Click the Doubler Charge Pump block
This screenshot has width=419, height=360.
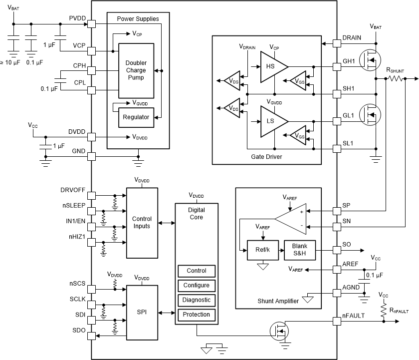pyautogui.click(x=136, y=70)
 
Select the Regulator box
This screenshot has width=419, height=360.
pyautogui.click(x=136, y=117)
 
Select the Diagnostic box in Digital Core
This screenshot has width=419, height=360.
pyautogui.click(x=197, y=300)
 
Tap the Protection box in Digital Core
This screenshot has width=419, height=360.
pyautogui.click(x=197, y=315)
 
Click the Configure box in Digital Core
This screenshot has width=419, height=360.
pyautogui.click(x=197, y=286)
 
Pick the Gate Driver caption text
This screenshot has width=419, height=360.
pyautogui.click(x=267, y=157)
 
